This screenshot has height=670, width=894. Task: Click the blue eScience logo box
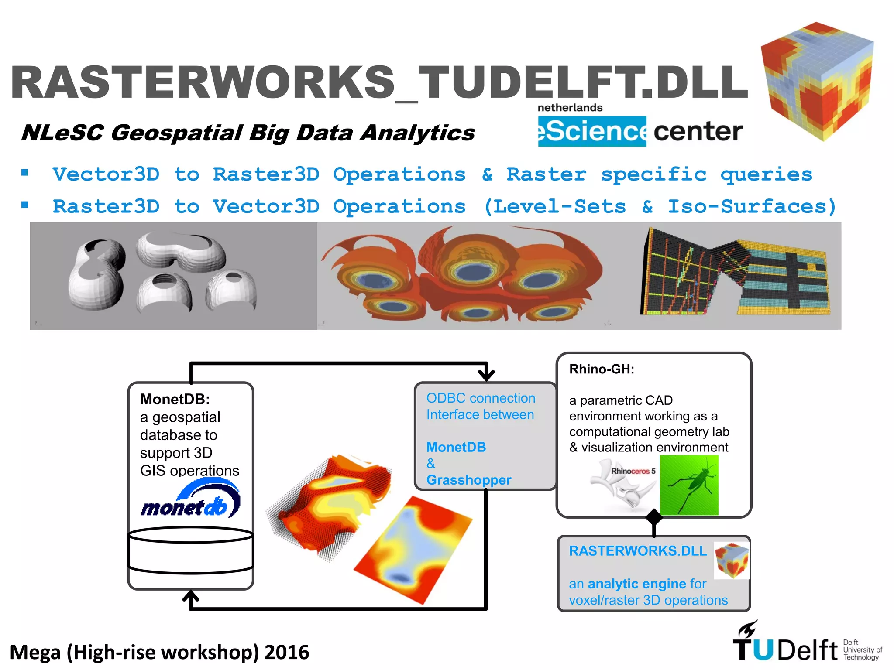[x=592, y=131]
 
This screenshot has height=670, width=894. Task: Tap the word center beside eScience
[x=698, y=131]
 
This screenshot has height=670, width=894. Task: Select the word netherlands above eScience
[x=570, y=108]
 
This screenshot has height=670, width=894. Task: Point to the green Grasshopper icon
[x=689, y=485]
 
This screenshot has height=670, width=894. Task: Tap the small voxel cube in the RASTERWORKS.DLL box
[x=732, y=560]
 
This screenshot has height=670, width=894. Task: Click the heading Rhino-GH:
[x=602, y=369]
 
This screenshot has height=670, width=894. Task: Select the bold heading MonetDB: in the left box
[x=175, y=399]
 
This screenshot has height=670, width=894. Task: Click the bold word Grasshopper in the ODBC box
[x=468, y=480]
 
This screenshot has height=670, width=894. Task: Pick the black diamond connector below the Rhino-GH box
[x=653, y=518]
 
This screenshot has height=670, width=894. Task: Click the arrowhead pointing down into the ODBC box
[x=486, y=374]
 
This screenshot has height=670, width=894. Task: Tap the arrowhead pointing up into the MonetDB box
[x=191, y=597]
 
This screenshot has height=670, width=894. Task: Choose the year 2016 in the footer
[x=286, y=653]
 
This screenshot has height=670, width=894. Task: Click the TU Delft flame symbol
[x=747, y=629]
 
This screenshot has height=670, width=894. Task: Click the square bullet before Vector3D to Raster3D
[x=25, y=173]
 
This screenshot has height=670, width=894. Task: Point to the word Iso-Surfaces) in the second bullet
[x=752, y=206]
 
